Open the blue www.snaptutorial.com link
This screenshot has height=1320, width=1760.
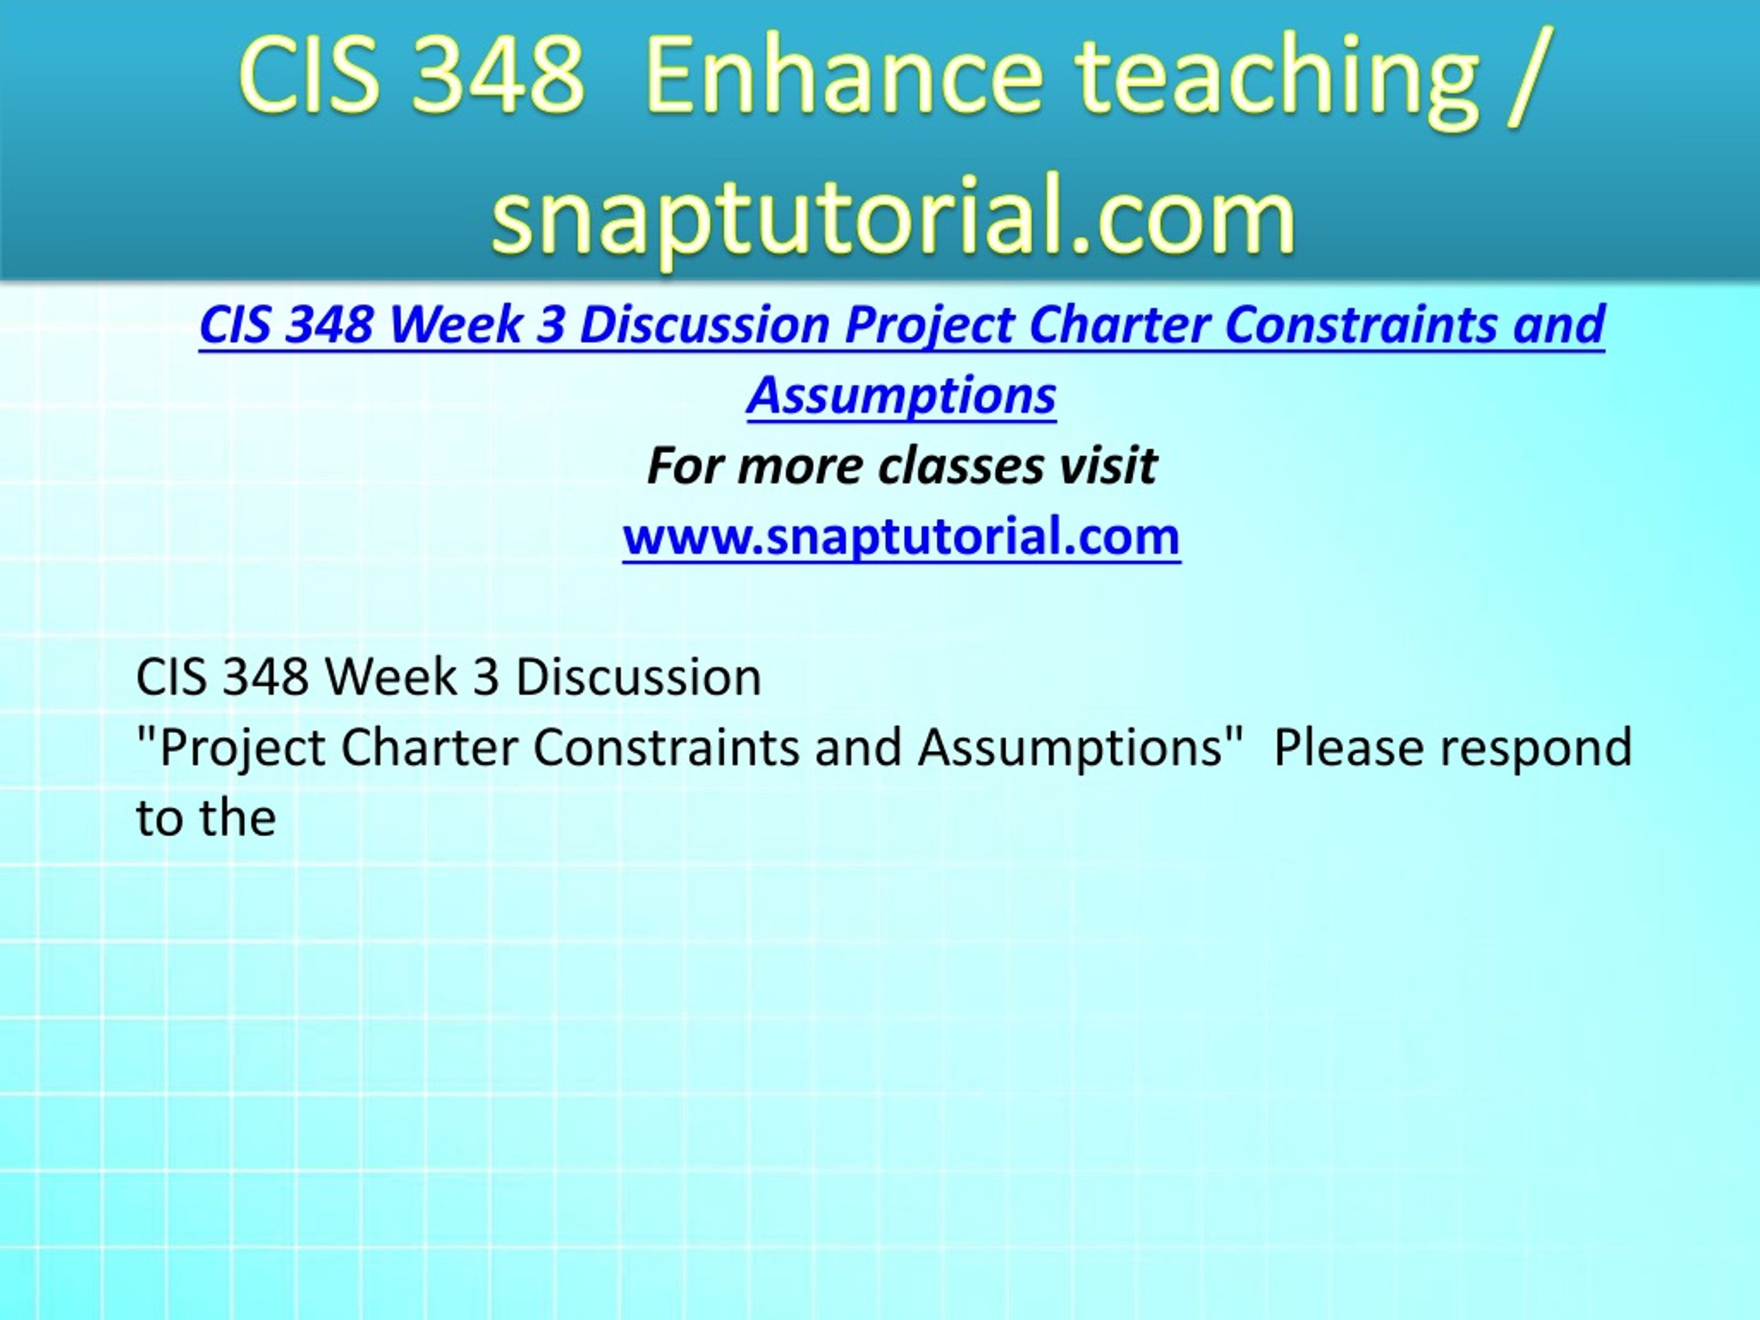tap(901, 536)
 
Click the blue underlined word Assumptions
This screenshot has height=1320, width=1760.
tap(901, 395)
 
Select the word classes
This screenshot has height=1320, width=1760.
tap(960, 465)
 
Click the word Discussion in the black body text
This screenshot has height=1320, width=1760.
tap(639, 677)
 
